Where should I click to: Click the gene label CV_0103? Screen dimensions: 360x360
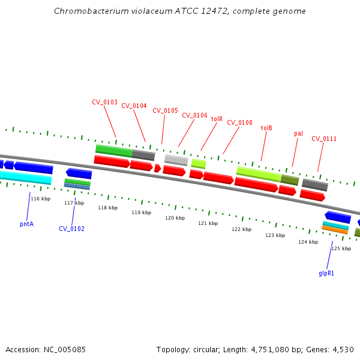(104, 102)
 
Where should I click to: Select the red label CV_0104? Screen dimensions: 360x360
(134, 106)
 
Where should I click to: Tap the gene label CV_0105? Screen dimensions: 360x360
(165, 110)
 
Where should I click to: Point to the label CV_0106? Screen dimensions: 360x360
(194, 115)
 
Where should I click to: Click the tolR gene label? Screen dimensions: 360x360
(217, 119)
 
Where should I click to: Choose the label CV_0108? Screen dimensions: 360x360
(239, 122)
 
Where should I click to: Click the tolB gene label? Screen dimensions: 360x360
(266, 128)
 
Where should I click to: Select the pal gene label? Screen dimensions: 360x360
(298, 133)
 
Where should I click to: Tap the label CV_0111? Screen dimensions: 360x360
(324, 139)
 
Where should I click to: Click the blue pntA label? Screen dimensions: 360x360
(26, 224)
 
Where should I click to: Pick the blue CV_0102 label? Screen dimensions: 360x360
(71, 229)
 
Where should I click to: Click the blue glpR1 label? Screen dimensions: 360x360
(326, 273)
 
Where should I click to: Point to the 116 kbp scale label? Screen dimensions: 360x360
(41, 199)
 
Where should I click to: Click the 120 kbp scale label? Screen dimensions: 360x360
(175, 218)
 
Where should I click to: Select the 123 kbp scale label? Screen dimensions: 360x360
(275, 235)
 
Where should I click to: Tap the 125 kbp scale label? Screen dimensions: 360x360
(341, 248)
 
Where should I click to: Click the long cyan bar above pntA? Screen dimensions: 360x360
(24, 177)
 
